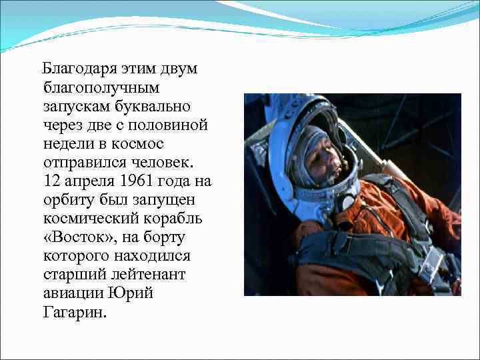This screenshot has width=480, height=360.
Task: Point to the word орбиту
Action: pos(69,199)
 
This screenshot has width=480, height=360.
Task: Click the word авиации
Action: pos(73,294)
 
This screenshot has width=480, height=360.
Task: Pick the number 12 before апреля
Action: pos(50,180)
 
